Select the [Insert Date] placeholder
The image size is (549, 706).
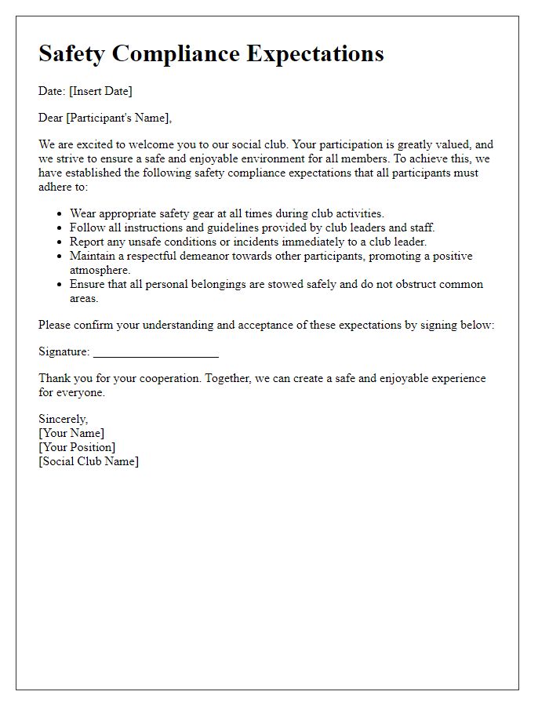[100, 91]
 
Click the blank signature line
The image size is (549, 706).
[155, 352]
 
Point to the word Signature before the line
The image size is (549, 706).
[64, 351]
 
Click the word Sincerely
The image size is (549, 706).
[64, 419]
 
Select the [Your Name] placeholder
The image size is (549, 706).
[71, 433]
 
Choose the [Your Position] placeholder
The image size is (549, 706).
[77, 447]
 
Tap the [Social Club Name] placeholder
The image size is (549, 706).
[89, 461]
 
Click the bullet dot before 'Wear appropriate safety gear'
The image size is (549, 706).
[60, 213]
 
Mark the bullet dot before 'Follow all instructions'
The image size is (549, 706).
[60, 227]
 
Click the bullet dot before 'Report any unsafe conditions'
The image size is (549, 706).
[60, 242]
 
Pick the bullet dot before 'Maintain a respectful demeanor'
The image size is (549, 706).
[60, 256]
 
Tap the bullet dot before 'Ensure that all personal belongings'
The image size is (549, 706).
[60, 284]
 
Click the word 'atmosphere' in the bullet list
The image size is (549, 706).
[100, 270]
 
